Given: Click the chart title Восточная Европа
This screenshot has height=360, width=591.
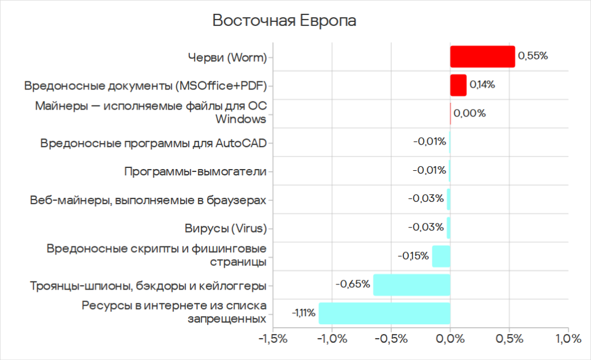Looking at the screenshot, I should (285, 21).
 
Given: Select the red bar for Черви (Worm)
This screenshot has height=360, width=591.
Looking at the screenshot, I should (482, 57).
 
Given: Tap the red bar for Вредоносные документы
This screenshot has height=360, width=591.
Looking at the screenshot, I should (458, 85).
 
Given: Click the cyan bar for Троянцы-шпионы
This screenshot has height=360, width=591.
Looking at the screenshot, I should (412, 285).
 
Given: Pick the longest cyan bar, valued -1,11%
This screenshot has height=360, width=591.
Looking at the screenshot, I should (384, 313).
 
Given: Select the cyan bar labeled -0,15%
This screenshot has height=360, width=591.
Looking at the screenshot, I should (441, 256).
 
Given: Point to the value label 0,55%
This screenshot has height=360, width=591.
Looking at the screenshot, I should (532, 56).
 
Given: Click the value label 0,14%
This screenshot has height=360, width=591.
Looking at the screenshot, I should (482, 84).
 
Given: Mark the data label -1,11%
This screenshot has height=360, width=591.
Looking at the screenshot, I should (304, 313).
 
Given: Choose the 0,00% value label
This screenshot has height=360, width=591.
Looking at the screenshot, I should (469, 113).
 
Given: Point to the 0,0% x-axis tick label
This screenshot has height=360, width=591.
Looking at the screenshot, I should (450, 339).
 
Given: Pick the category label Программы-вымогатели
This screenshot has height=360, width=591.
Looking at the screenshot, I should (195, 171).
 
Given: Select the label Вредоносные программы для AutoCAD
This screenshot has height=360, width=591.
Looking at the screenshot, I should (154, 142).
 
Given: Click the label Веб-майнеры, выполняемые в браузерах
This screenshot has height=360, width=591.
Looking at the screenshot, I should (148, 200).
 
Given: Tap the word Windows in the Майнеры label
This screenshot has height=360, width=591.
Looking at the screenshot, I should (241, 119).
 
